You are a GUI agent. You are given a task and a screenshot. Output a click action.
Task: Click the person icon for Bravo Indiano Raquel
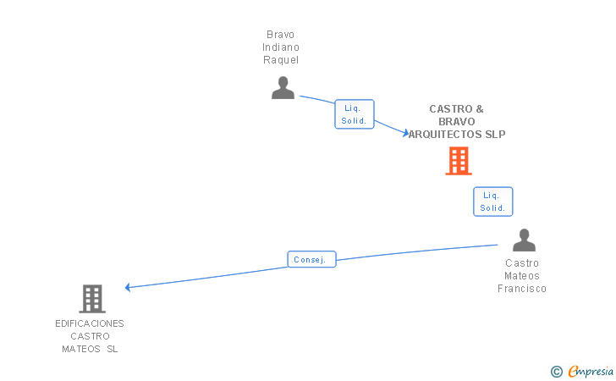[283, 88]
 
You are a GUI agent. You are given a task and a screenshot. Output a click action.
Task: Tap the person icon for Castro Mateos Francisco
[524, 240]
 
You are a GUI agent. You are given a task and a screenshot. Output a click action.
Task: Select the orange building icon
[459, 161]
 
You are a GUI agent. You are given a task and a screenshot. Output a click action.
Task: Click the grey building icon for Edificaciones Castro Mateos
[92, 299]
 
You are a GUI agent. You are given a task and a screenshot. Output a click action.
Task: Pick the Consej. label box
[311, 259]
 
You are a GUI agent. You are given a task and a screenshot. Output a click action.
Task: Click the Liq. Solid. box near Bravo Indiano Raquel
[354, 114]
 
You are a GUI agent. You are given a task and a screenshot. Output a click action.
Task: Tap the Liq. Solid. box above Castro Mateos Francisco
[492, 202]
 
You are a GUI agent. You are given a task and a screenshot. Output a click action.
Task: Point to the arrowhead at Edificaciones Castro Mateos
[127, 287]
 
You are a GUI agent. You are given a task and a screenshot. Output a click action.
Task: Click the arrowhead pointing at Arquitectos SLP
[406, 133]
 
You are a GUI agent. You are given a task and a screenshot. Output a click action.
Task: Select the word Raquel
[281, 60]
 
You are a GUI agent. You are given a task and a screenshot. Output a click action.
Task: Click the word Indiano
[281, 47]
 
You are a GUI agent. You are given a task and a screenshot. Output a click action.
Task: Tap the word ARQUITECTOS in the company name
[445, 134]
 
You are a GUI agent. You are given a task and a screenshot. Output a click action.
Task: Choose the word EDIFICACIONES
[90, 323]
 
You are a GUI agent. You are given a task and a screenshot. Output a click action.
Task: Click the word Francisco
[522, 289]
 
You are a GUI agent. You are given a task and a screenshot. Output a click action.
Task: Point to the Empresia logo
[591, 372]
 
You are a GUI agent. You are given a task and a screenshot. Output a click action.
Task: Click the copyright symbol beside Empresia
[557, 372]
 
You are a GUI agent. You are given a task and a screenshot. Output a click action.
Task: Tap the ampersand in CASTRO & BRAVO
[480, 109]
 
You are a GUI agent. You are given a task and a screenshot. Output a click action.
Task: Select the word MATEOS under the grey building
[81, 349]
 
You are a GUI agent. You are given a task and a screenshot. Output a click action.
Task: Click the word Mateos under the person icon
[522, 276]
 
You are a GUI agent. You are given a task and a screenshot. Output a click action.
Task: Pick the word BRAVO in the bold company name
[457, 121]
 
